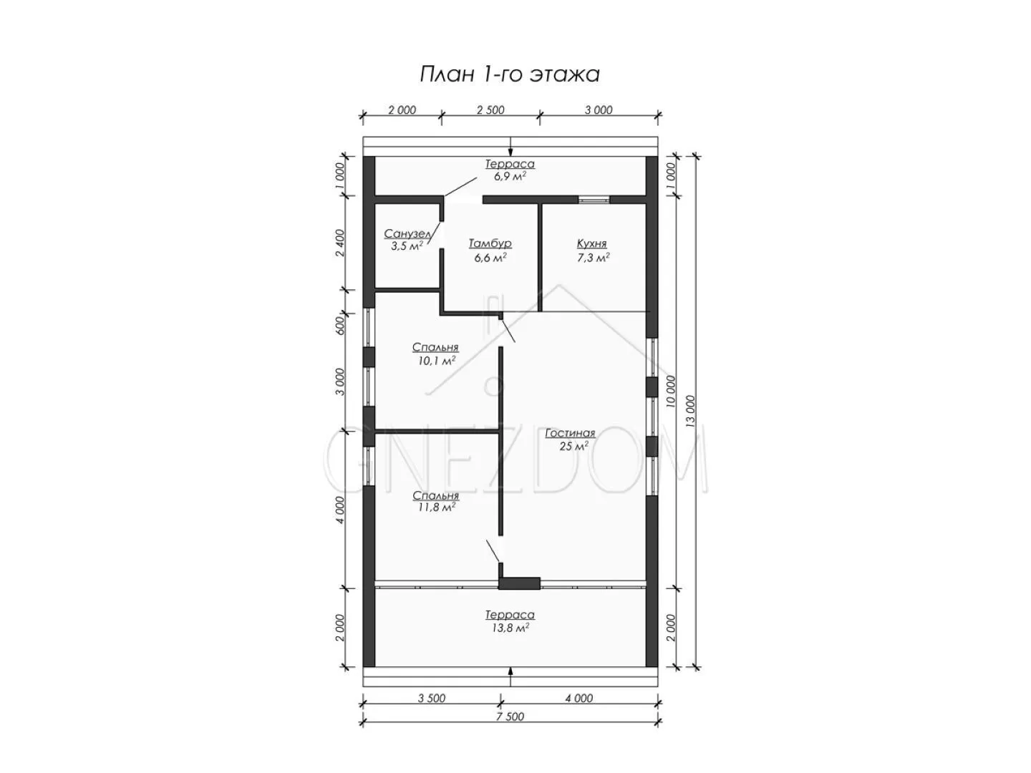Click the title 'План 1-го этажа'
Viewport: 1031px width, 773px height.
pos(510,74)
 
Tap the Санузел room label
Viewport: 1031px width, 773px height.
pos(407,233)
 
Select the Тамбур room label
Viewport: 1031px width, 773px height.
pos(490,243)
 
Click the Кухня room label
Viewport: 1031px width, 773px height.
pos(592,243)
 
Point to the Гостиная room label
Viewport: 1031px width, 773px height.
pos(570,433)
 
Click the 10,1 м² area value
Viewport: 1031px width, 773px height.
pos(436,361)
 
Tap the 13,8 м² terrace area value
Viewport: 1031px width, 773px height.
pos(510,628)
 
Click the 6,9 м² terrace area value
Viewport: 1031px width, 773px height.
pos(510,177)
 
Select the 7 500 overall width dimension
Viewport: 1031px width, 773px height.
pos(510,716)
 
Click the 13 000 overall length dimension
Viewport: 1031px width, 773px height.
pos(690,411)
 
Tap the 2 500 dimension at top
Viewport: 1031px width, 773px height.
pos(490,110)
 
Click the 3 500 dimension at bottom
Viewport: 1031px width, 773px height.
pos(431,699)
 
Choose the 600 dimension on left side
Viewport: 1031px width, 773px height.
pos(341,325)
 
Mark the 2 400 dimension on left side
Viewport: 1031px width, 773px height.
pos(341,243)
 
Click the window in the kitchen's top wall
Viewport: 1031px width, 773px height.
pos(594,200)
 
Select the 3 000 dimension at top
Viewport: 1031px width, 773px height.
pos(599,110)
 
